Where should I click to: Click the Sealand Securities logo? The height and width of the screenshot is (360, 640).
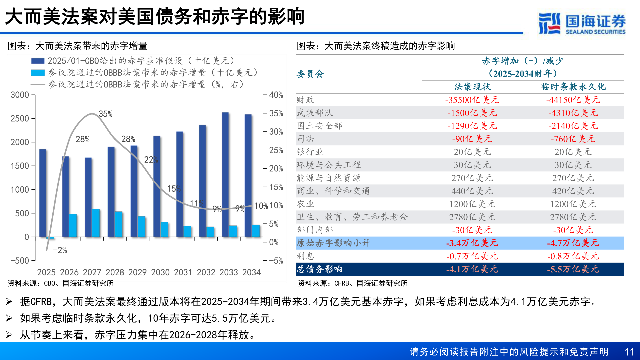click(x=582, y=23)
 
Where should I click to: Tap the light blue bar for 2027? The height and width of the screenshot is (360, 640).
click(x=96, y=223)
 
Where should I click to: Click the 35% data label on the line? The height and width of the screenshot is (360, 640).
click(x=105, y=114)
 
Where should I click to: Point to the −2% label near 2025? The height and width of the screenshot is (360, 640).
click(x=60, y=250)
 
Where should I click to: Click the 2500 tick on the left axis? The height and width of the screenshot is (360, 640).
click(x=20, y=119)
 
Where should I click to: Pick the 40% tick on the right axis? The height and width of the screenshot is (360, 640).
click(x=276, y=95)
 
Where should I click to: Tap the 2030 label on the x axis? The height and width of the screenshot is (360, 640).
click(x=160, y=272)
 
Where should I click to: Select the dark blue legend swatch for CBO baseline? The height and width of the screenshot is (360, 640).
click(x=38, y=61)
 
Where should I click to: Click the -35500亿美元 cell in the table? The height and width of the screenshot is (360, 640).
click(x=472, y=100)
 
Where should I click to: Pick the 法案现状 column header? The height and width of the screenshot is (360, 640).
click(x=472, y=87)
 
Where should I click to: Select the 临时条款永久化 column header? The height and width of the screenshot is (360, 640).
click(x=573, y=87)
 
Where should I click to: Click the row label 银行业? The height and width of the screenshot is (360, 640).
click(x=310, y=152)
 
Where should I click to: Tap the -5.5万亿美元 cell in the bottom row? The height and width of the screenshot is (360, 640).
click(x=573, y=269)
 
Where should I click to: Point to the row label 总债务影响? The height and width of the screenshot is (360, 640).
click(x=319, y=269)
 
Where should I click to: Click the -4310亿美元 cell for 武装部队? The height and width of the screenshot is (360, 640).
click(x=573, y=113)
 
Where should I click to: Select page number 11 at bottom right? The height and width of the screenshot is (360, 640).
click(x=629, y=352)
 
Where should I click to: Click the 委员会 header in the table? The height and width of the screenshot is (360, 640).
click(x=310, y=74)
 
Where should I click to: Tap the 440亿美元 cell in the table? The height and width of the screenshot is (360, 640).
click(x=472, y=191)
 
